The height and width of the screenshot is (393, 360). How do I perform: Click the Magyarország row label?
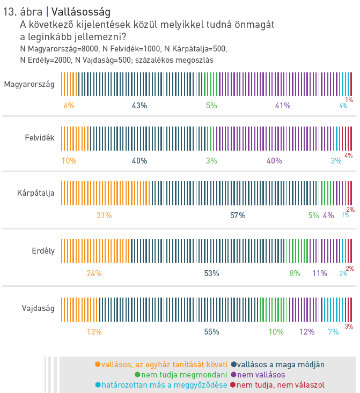tap(29, 84)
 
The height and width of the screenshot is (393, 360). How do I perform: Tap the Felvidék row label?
tap(40, 138)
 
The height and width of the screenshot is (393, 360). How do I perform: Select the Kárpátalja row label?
tap(36, 193)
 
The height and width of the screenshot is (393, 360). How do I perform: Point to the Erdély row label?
tap(43, 250)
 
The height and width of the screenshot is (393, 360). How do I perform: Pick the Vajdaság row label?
tap(38, 308)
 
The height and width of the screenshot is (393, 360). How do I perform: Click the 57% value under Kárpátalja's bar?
tap(238, 216)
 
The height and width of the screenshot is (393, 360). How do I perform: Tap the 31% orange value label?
tap(104, 216)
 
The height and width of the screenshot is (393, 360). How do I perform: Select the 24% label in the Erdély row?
tap(94, 273)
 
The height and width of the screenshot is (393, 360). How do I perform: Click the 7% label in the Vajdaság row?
tap(333, 332)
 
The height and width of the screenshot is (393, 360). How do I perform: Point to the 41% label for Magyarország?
tap(283, 106)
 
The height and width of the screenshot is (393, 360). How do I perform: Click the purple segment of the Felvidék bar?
tap(274, 138)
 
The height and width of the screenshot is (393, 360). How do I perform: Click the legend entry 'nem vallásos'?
tap(261, 375)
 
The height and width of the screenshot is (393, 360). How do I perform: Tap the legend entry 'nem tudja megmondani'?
tap(185, 375)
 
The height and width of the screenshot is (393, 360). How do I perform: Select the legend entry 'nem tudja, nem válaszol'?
tap(281, 385)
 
